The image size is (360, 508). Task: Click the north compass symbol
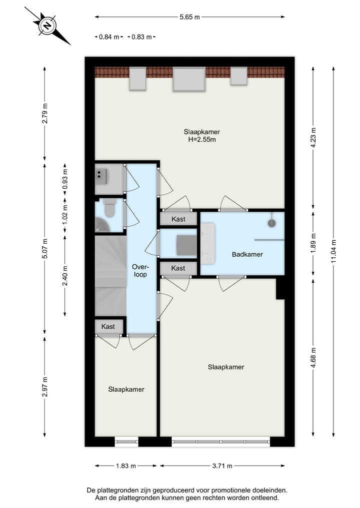click(x=47, y=26)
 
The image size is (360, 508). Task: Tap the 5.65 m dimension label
click(x=189, y=17)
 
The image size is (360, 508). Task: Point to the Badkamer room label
click(x=247, y=255)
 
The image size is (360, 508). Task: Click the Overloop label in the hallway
click(x=140, y=270)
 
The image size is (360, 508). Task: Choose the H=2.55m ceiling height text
click(x=201, y=139)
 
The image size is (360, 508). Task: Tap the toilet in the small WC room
click(x=109, y=208)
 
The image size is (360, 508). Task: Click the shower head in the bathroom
click(x=272, y=223)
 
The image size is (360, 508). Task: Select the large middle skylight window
click(x=189, y=79)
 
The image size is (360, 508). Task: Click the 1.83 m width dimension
click(x=126, y=466)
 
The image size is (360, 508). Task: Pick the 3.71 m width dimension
click(x=222, y=466)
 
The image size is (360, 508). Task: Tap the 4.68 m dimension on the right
click(x=313, y=357)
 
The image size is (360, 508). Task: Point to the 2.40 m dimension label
click(x=64, y=275)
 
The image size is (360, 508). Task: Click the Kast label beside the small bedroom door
click(x=108, y=327)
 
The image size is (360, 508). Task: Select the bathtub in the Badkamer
click(x=208, y=243)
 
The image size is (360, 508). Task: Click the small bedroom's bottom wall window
click(x=126, y=442)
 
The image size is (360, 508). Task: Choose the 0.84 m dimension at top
click(x=109, y=37)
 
